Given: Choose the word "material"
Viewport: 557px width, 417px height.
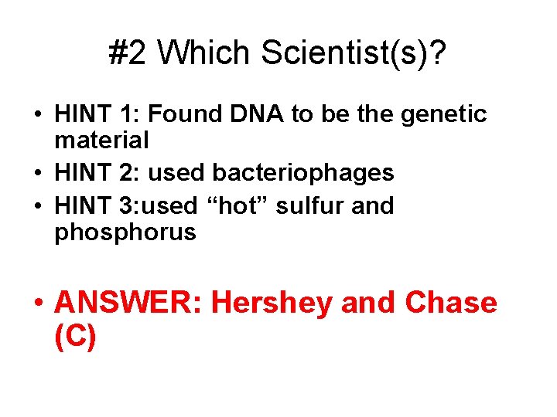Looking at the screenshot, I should (x=101, y=141).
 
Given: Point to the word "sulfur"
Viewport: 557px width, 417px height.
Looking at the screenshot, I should (x=317, y=205).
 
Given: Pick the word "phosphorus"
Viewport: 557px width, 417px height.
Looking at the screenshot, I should (x=125, y=232).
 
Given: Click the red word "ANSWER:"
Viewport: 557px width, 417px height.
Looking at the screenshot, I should (x=128, y=303).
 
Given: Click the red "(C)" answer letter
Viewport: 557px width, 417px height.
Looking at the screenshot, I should (x=76, y=337).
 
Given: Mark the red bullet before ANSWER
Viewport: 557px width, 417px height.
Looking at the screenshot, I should (x=39, y=303).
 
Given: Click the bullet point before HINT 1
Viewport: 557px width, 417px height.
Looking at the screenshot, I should (x=39, y=115).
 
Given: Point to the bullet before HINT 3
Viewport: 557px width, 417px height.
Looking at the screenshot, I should (x=39, y=206).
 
